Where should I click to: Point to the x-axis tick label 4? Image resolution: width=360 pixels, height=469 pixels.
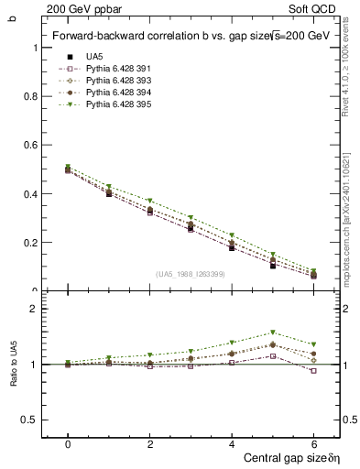(x=233, y=444)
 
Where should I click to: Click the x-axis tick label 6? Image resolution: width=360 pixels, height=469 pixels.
(x=314, y=444)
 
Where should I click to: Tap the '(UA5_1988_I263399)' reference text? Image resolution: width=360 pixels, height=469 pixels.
(x=190, y=274)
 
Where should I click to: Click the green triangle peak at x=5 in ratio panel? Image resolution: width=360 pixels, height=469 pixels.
(x=273, y=333)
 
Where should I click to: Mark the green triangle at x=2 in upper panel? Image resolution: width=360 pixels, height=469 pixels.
(x=150, y=201)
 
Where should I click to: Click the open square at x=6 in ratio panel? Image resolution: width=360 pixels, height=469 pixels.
(x=314, y=370)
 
